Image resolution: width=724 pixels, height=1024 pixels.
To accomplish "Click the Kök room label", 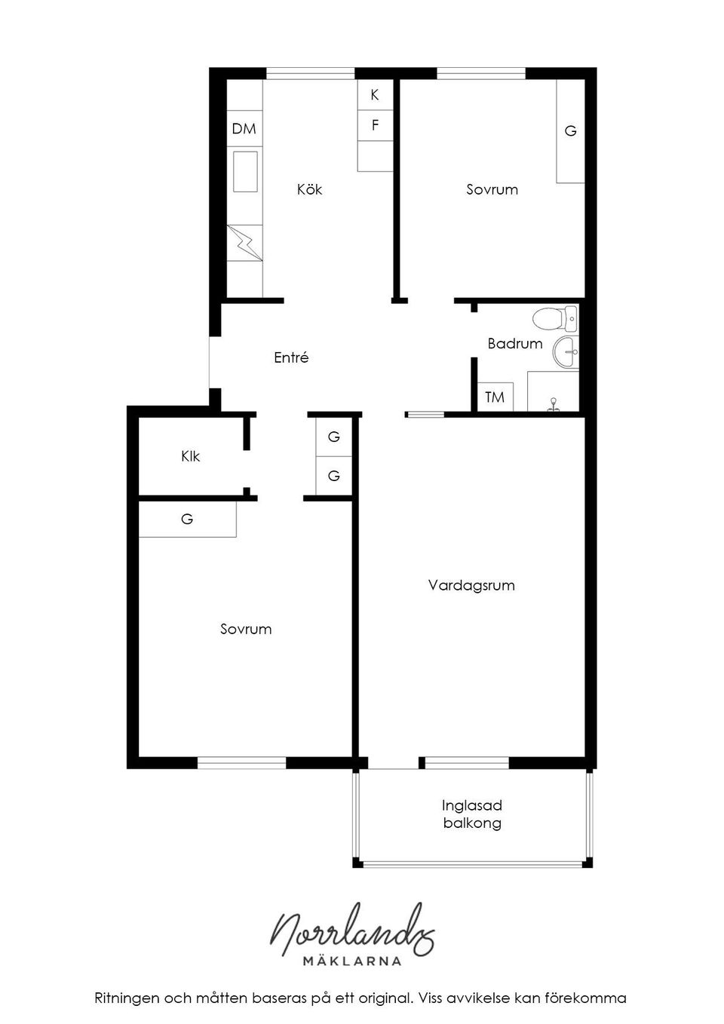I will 309,189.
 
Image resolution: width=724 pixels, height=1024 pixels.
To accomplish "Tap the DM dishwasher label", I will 244,129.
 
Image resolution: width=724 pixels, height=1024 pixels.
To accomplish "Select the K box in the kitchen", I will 375,95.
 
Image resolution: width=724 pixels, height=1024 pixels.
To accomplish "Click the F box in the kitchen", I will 375,125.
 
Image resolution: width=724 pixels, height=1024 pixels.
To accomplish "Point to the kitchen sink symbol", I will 245,171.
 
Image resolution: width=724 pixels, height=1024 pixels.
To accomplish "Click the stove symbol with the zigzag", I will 245,243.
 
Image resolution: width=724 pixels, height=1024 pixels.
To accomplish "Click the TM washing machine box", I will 495,397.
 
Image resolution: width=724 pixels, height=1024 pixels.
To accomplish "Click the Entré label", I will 291,358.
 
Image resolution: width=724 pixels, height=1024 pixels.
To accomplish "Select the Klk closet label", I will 190,456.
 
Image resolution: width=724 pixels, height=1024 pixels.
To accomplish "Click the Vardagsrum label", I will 471,585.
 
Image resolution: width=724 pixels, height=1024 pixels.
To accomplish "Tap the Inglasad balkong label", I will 472,814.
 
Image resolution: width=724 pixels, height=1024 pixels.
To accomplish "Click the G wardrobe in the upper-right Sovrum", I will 570,131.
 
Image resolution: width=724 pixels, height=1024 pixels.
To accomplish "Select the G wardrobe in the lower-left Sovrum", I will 187,520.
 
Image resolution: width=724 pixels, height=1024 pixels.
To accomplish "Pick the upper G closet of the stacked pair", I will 333,437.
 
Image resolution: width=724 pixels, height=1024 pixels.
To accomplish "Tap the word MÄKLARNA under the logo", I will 351,961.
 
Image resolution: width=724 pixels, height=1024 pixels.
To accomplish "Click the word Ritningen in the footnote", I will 127,998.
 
